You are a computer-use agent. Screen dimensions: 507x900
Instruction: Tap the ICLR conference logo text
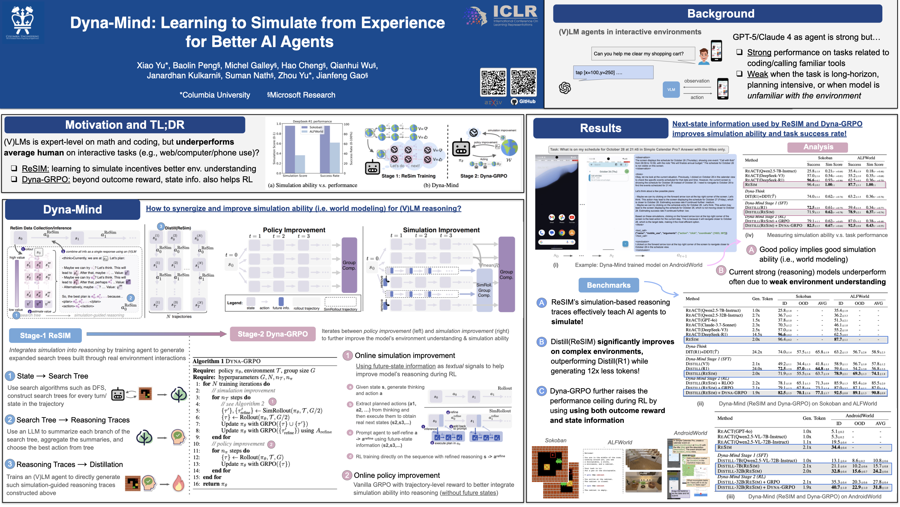click(x=515, y=12)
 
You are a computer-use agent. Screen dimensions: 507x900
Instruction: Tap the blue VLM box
click(x=671, y=90)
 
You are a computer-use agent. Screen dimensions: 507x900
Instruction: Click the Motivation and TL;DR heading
click(x=125, y=125)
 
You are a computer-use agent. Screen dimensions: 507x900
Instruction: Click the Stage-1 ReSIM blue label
click(x=45, y=336)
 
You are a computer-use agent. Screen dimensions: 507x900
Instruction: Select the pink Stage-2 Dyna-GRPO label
click(x=272, y=334)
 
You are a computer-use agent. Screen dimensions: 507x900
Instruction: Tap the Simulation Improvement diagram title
click(x=441, y=230)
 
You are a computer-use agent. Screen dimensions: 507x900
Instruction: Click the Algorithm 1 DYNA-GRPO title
click(x=227, y=361)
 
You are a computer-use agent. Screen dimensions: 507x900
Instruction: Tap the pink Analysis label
click(x=818, y=147)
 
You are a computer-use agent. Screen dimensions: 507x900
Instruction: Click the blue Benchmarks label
click(x=608, y=285)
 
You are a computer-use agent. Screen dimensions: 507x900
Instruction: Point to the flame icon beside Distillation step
click(x=178, y=484)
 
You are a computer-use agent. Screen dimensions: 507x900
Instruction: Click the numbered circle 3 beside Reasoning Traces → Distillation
click(x=10, y=464)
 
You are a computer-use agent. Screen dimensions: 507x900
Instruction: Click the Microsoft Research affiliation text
click(x=301, y=95)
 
